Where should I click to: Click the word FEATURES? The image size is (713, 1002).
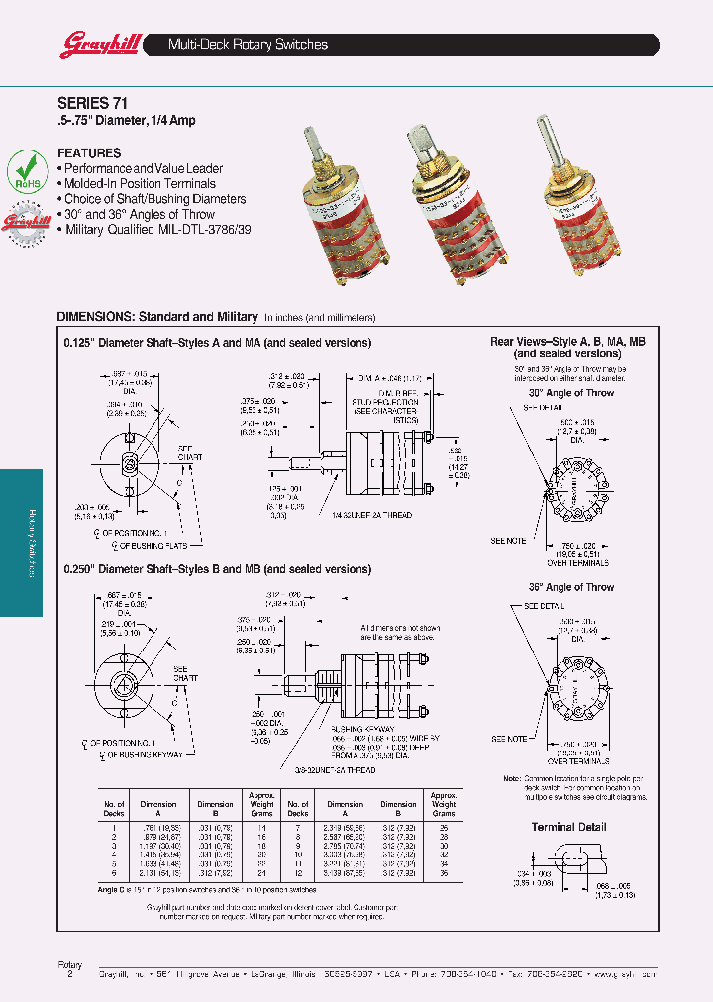click(89, 153)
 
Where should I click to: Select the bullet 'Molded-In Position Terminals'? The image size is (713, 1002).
click(139, 184)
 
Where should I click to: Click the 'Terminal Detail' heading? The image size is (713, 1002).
click(568, 827)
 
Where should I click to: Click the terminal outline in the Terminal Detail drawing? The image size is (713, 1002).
click(568, 858)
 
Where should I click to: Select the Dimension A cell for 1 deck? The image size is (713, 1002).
click(158, 826)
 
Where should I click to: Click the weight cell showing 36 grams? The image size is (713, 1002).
click(443, 874)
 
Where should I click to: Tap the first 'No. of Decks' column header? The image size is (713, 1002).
click(115, 808)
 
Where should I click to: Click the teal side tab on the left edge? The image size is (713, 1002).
click(21, 542)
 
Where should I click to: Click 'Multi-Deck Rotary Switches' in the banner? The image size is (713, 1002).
click(248, 45)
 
